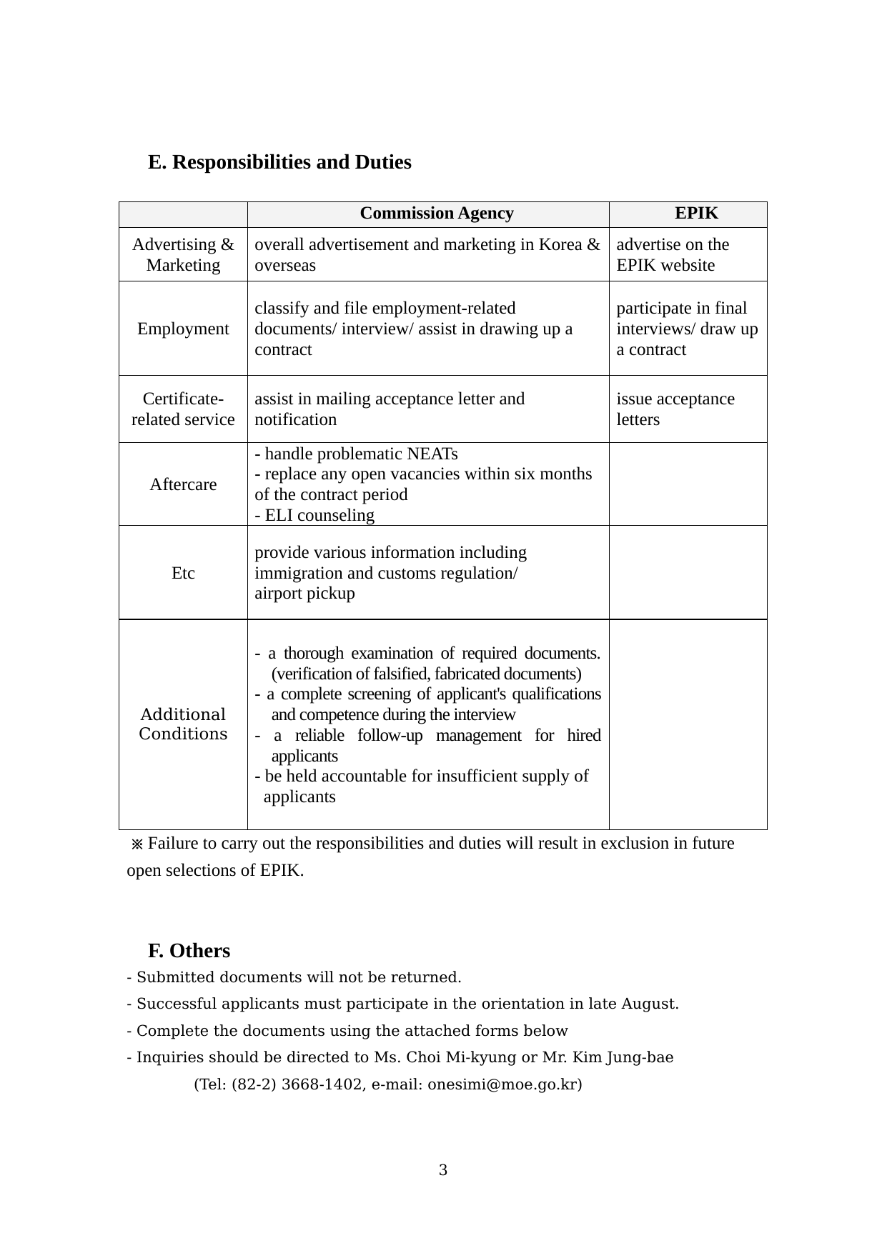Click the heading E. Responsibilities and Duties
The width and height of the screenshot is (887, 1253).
pos(279,162)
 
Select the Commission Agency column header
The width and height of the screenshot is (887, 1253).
pos(436,214)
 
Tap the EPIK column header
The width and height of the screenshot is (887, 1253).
pos(696,214)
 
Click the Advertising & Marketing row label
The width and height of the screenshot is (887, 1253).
pos(183,255)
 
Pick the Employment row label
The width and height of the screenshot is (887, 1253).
pos(183,329)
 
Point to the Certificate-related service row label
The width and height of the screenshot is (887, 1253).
pos(183,409)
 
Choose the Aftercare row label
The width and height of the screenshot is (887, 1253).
pos(183,484)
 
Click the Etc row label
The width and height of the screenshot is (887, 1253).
pos(183,573)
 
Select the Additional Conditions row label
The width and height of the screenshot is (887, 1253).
pos(183,724)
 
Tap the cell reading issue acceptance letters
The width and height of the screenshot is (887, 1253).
pos(675,409)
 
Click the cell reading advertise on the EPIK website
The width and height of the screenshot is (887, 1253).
pos(673,255)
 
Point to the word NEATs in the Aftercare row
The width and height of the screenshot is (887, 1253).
pos(432,454)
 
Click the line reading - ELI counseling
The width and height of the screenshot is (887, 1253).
pos(314,516)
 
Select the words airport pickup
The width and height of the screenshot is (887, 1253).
pos(304,594)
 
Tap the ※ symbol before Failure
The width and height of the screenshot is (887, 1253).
pos(137,844)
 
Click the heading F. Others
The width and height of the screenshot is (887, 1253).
pos(189,951)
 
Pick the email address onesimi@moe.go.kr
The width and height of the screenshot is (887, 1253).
pos(502,1084)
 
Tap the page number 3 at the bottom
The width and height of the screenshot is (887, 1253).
pos(443,1170)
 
